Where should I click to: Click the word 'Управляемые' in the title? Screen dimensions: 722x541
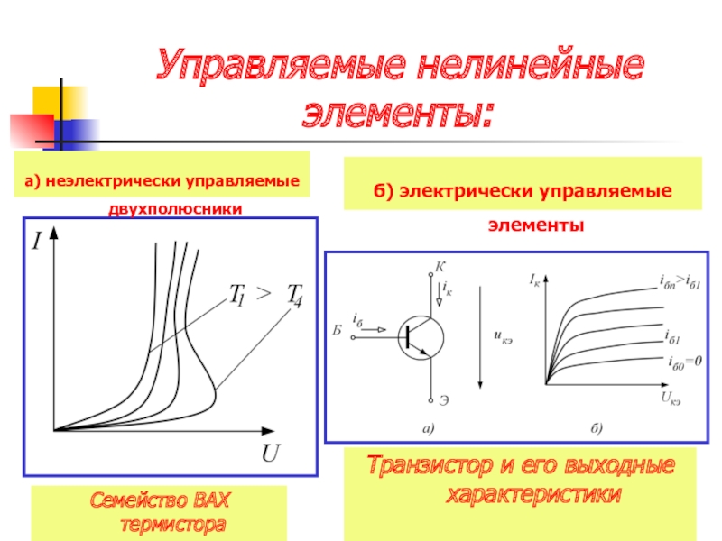pos(281,65)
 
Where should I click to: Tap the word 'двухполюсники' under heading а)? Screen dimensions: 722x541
pos(175,209)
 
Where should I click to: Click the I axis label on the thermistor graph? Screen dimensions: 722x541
pos(36,241)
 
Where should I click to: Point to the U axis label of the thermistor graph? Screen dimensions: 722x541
pos(270,454)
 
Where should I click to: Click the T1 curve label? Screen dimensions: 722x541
pos(237,295)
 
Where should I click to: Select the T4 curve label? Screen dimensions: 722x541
pos(295,296)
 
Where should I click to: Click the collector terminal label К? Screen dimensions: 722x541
pos(440,267)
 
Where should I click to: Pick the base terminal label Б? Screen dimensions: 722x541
pos(338,330)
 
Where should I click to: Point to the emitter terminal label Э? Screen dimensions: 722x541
pos(443,400)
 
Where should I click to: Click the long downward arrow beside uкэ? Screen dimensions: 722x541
pos(480,337)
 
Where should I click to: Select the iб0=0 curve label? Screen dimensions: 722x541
pos(685,362)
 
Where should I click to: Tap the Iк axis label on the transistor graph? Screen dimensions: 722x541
pos(534,280)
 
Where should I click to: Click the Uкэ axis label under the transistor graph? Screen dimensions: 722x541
pos(671,398)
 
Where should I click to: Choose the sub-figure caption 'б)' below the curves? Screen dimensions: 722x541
pos(597,428)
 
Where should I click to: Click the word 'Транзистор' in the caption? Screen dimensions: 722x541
pos(430,465)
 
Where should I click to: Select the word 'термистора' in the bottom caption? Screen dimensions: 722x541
pos(172,525)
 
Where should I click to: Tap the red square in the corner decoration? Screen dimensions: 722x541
pos(32,131)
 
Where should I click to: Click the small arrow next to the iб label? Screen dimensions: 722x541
pos(375,329)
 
